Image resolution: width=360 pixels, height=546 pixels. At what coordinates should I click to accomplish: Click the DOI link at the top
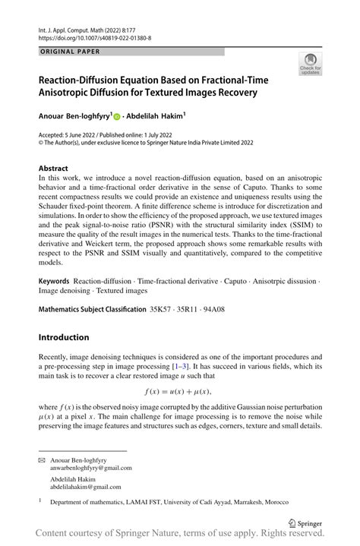click(x=94, y=37)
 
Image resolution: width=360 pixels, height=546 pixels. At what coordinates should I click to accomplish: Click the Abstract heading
click(x=55, y=168)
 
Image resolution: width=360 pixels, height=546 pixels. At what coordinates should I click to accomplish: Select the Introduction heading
click(x=64, y=337)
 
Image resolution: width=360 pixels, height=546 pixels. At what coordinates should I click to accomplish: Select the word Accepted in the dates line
click(x=53, y=133)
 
